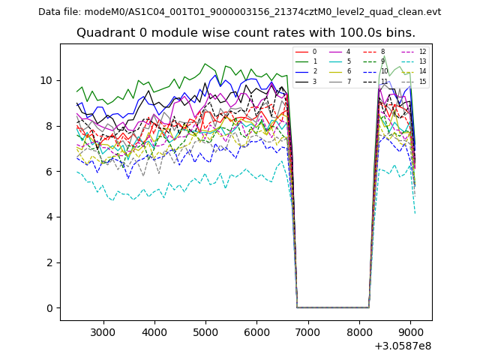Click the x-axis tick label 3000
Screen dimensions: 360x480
(103, 331)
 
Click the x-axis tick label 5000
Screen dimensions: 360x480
(205, 331)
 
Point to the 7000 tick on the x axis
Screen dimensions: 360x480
(308, 331)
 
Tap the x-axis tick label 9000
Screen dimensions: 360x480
(410, 331)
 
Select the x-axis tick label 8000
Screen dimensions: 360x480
(359, 331)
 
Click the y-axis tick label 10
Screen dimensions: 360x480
(46, 80)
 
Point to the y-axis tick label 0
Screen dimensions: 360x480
(49, 308)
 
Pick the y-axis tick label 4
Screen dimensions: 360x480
(49, 217)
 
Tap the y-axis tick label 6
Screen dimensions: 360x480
(49, 172)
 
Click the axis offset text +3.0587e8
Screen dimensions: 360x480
(403, 346)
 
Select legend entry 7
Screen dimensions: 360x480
(348, 81)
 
